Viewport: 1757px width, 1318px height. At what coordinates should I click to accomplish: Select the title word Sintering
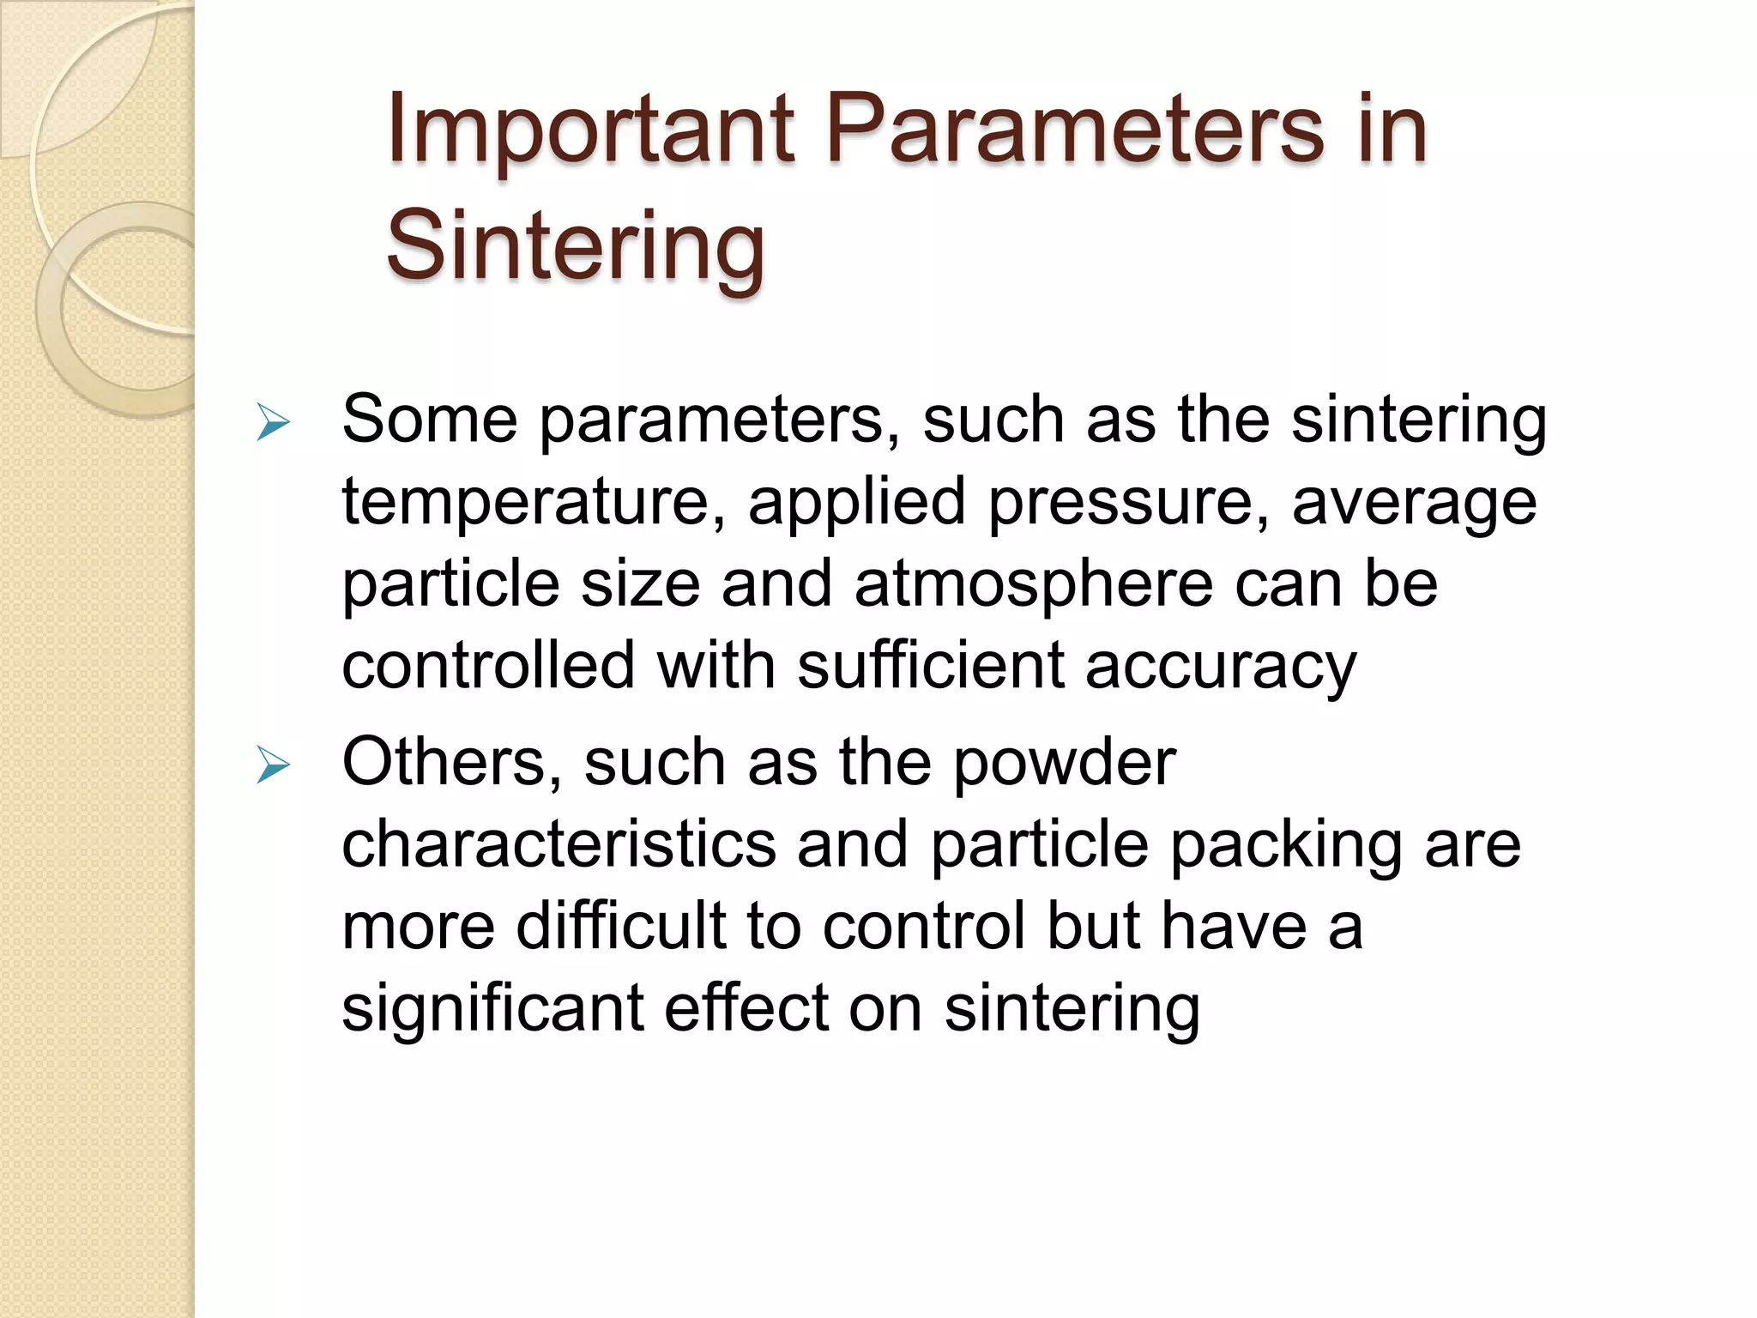tap(575, 247)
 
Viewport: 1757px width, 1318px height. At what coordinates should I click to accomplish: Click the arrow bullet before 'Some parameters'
tap(273, 424)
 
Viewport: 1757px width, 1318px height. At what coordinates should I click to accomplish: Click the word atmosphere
tap(1033, 583)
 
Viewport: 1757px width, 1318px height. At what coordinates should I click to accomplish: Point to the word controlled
tap(488, 664)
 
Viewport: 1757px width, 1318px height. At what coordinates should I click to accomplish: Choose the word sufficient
tap(930, 664)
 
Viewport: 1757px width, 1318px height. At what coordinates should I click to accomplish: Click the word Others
tap(451, 762)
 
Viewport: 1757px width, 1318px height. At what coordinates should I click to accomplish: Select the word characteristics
tap(558, 844)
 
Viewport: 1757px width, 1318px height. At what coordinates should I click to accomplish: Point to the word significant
tap(492, 1009)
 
